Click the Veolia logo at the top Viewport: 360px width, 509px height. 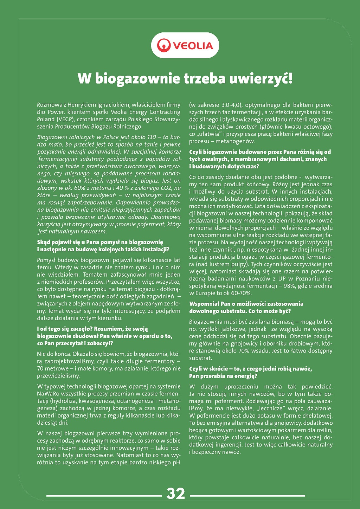pos(185,45)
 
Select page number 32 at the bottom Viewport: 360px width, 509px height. pos(176,494)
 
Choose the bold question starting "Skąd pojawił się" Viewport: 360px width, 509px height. pos(100,242)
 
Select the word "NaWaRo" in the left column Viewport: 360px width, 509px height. pos(49,394)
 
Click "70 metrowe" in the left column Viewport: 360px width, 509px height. pos(53,368)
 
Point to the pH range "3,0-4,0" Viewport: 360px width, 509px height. pos(231,105)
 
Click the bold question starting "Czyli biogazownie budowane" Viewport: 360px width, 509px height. pos(260,152)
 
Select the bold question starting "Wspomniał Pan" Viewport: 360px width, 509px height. pos(246,304)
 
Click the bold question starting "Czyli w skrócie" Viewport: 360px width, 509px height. pos(250,369)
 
